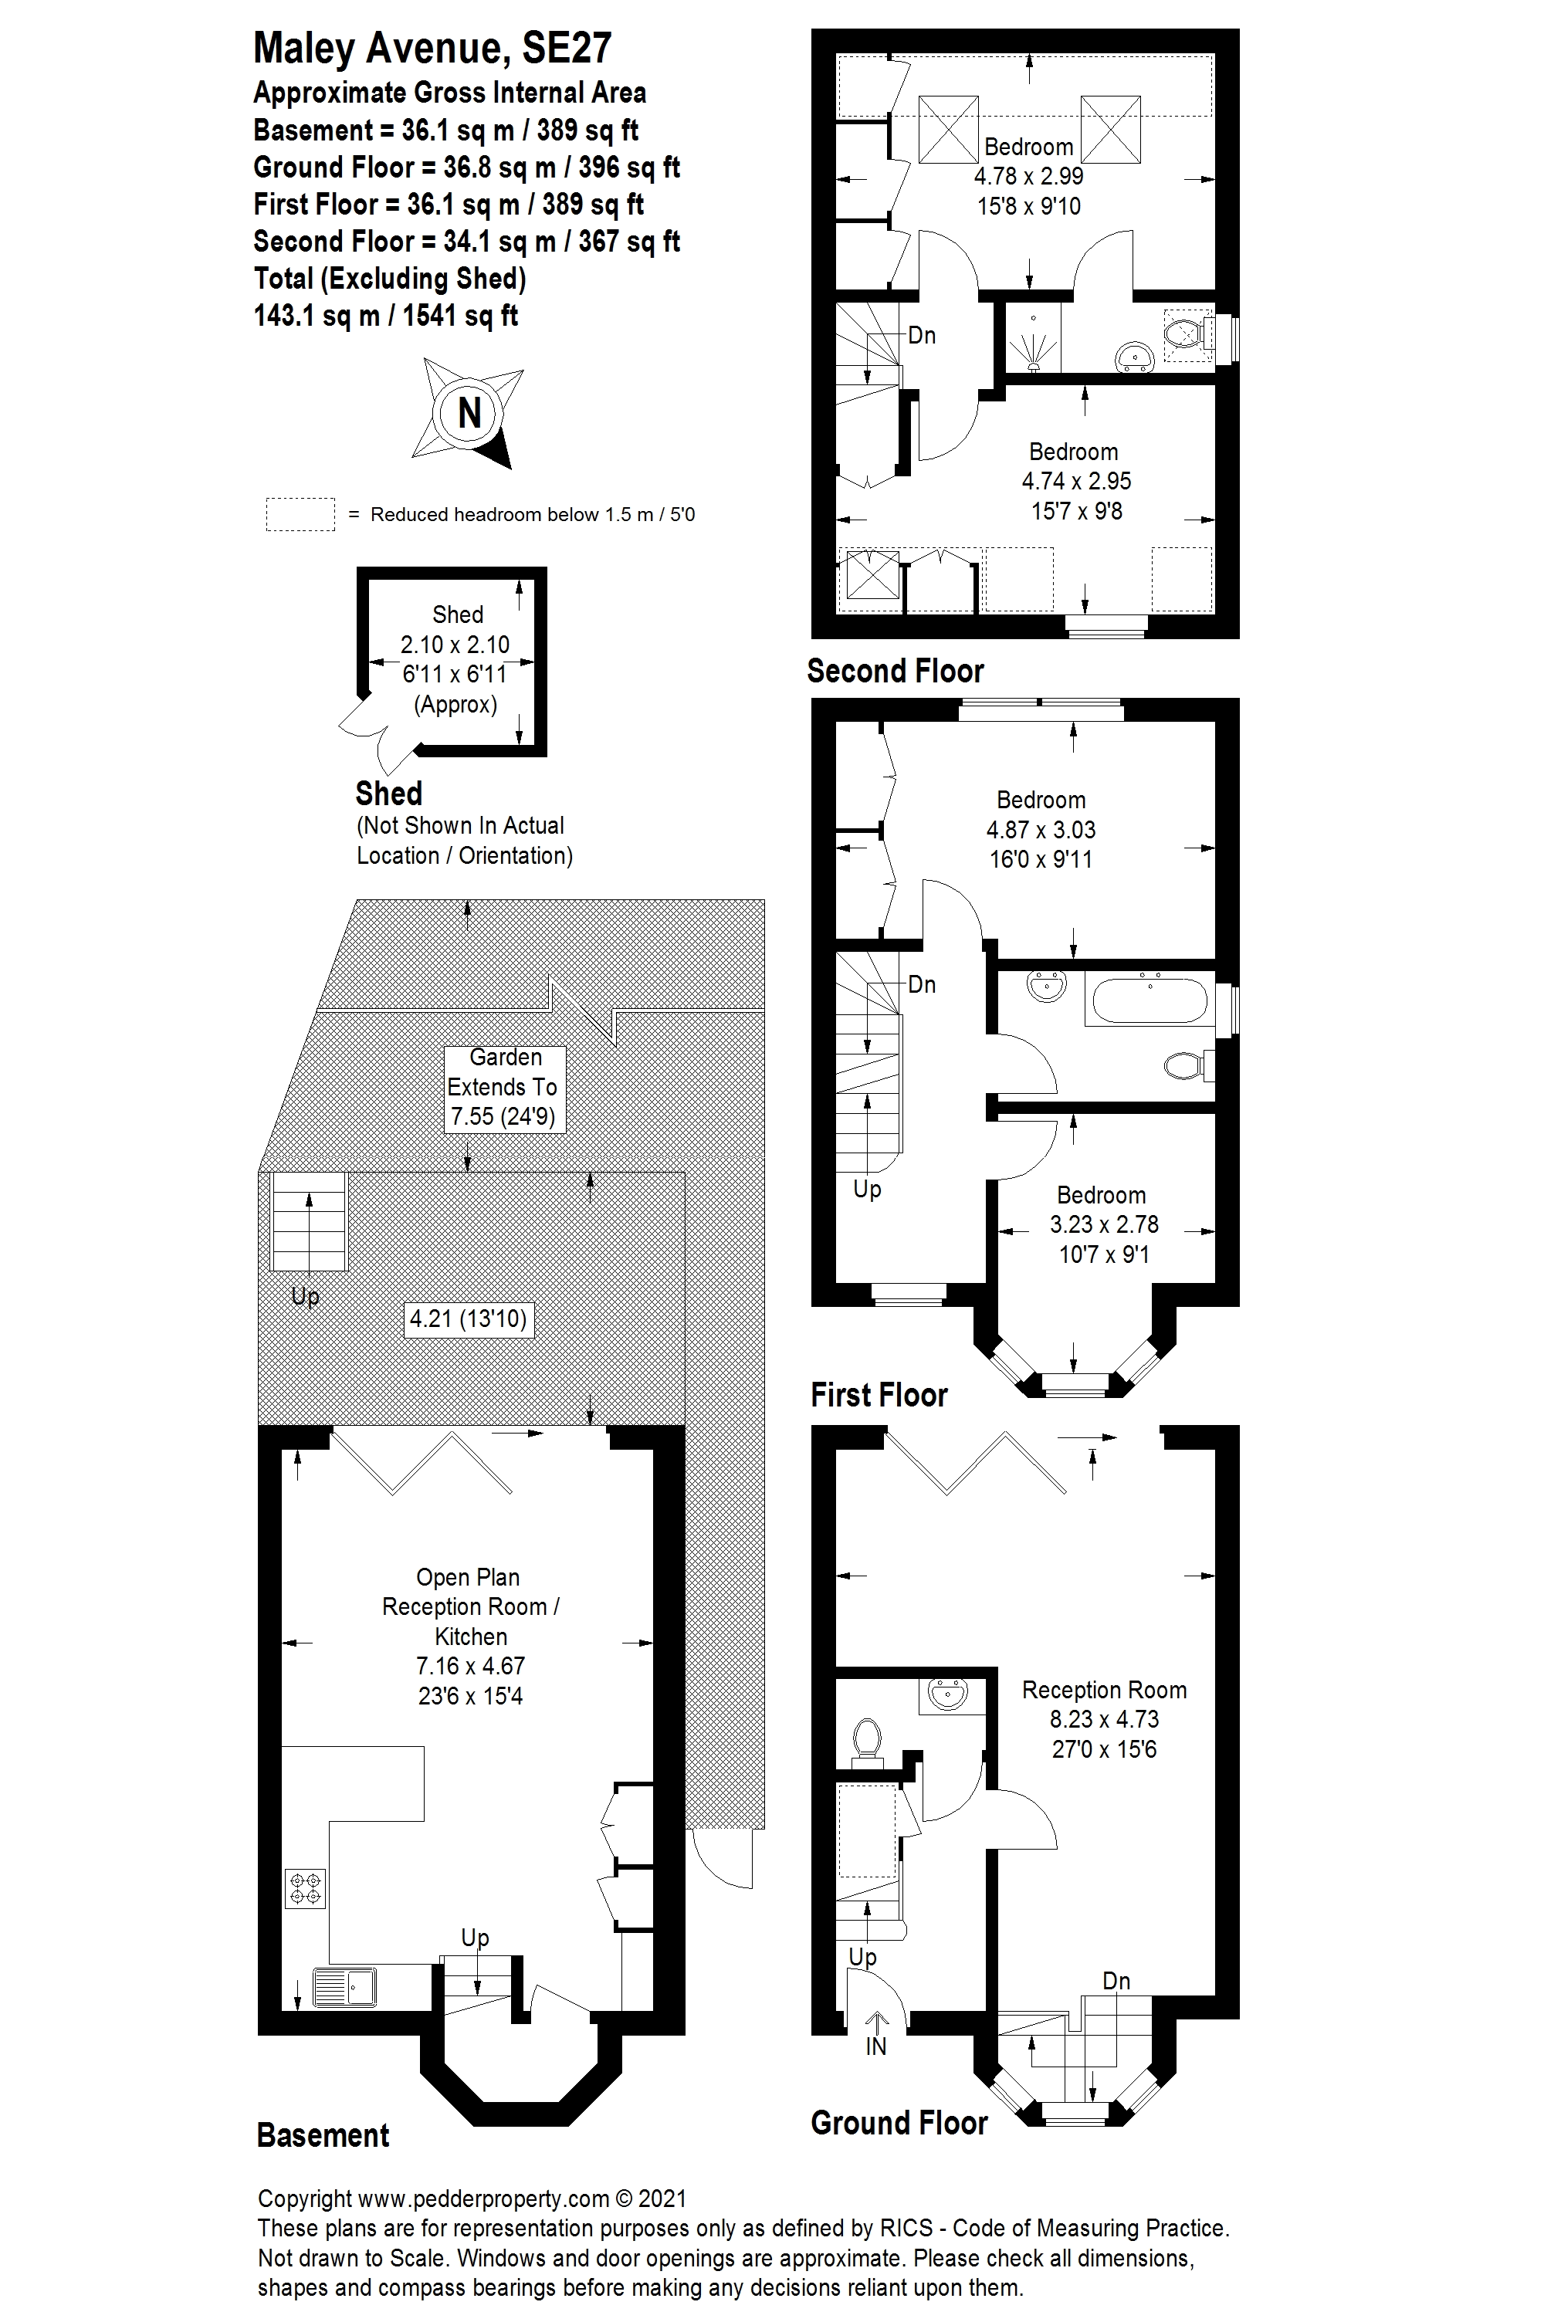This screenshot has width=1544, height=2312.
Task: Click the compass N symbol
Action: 469,411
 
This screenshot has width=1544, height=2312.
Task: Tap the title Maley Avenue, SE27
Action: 432,47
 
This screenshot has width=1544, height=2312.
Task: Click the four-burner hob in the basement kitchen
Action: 305,1887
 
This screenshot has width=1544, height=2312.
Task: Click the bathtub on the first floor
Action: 1146,1000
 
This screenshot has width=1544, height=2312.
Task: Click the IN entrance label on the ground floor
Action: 875,2046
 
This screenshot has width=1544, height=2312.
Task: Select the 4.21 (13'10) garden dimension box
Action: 469,1318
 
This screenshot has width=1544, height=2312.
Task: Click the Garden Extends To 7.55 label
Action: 504,1087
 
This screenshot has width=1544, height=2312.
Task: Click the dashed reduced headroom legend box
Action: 300,514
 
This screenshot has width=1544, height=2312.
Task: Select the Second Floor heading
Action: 895,671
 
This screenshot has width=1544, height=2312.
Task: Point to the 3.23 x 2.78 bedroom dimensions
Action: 1104,1224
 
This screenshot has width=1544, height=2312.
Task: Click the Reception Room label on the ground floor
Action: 1104,1690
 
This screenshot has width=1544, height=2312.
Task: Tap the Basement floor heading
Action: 323,2134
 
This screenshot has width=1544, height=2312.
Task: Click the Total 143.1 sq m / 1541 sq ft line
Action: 386,316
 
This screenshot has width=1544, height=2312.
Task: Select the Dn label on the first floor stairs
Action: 922,983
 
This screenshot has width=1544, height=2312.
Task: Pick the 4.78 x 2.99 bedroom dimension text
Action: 1029,176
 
